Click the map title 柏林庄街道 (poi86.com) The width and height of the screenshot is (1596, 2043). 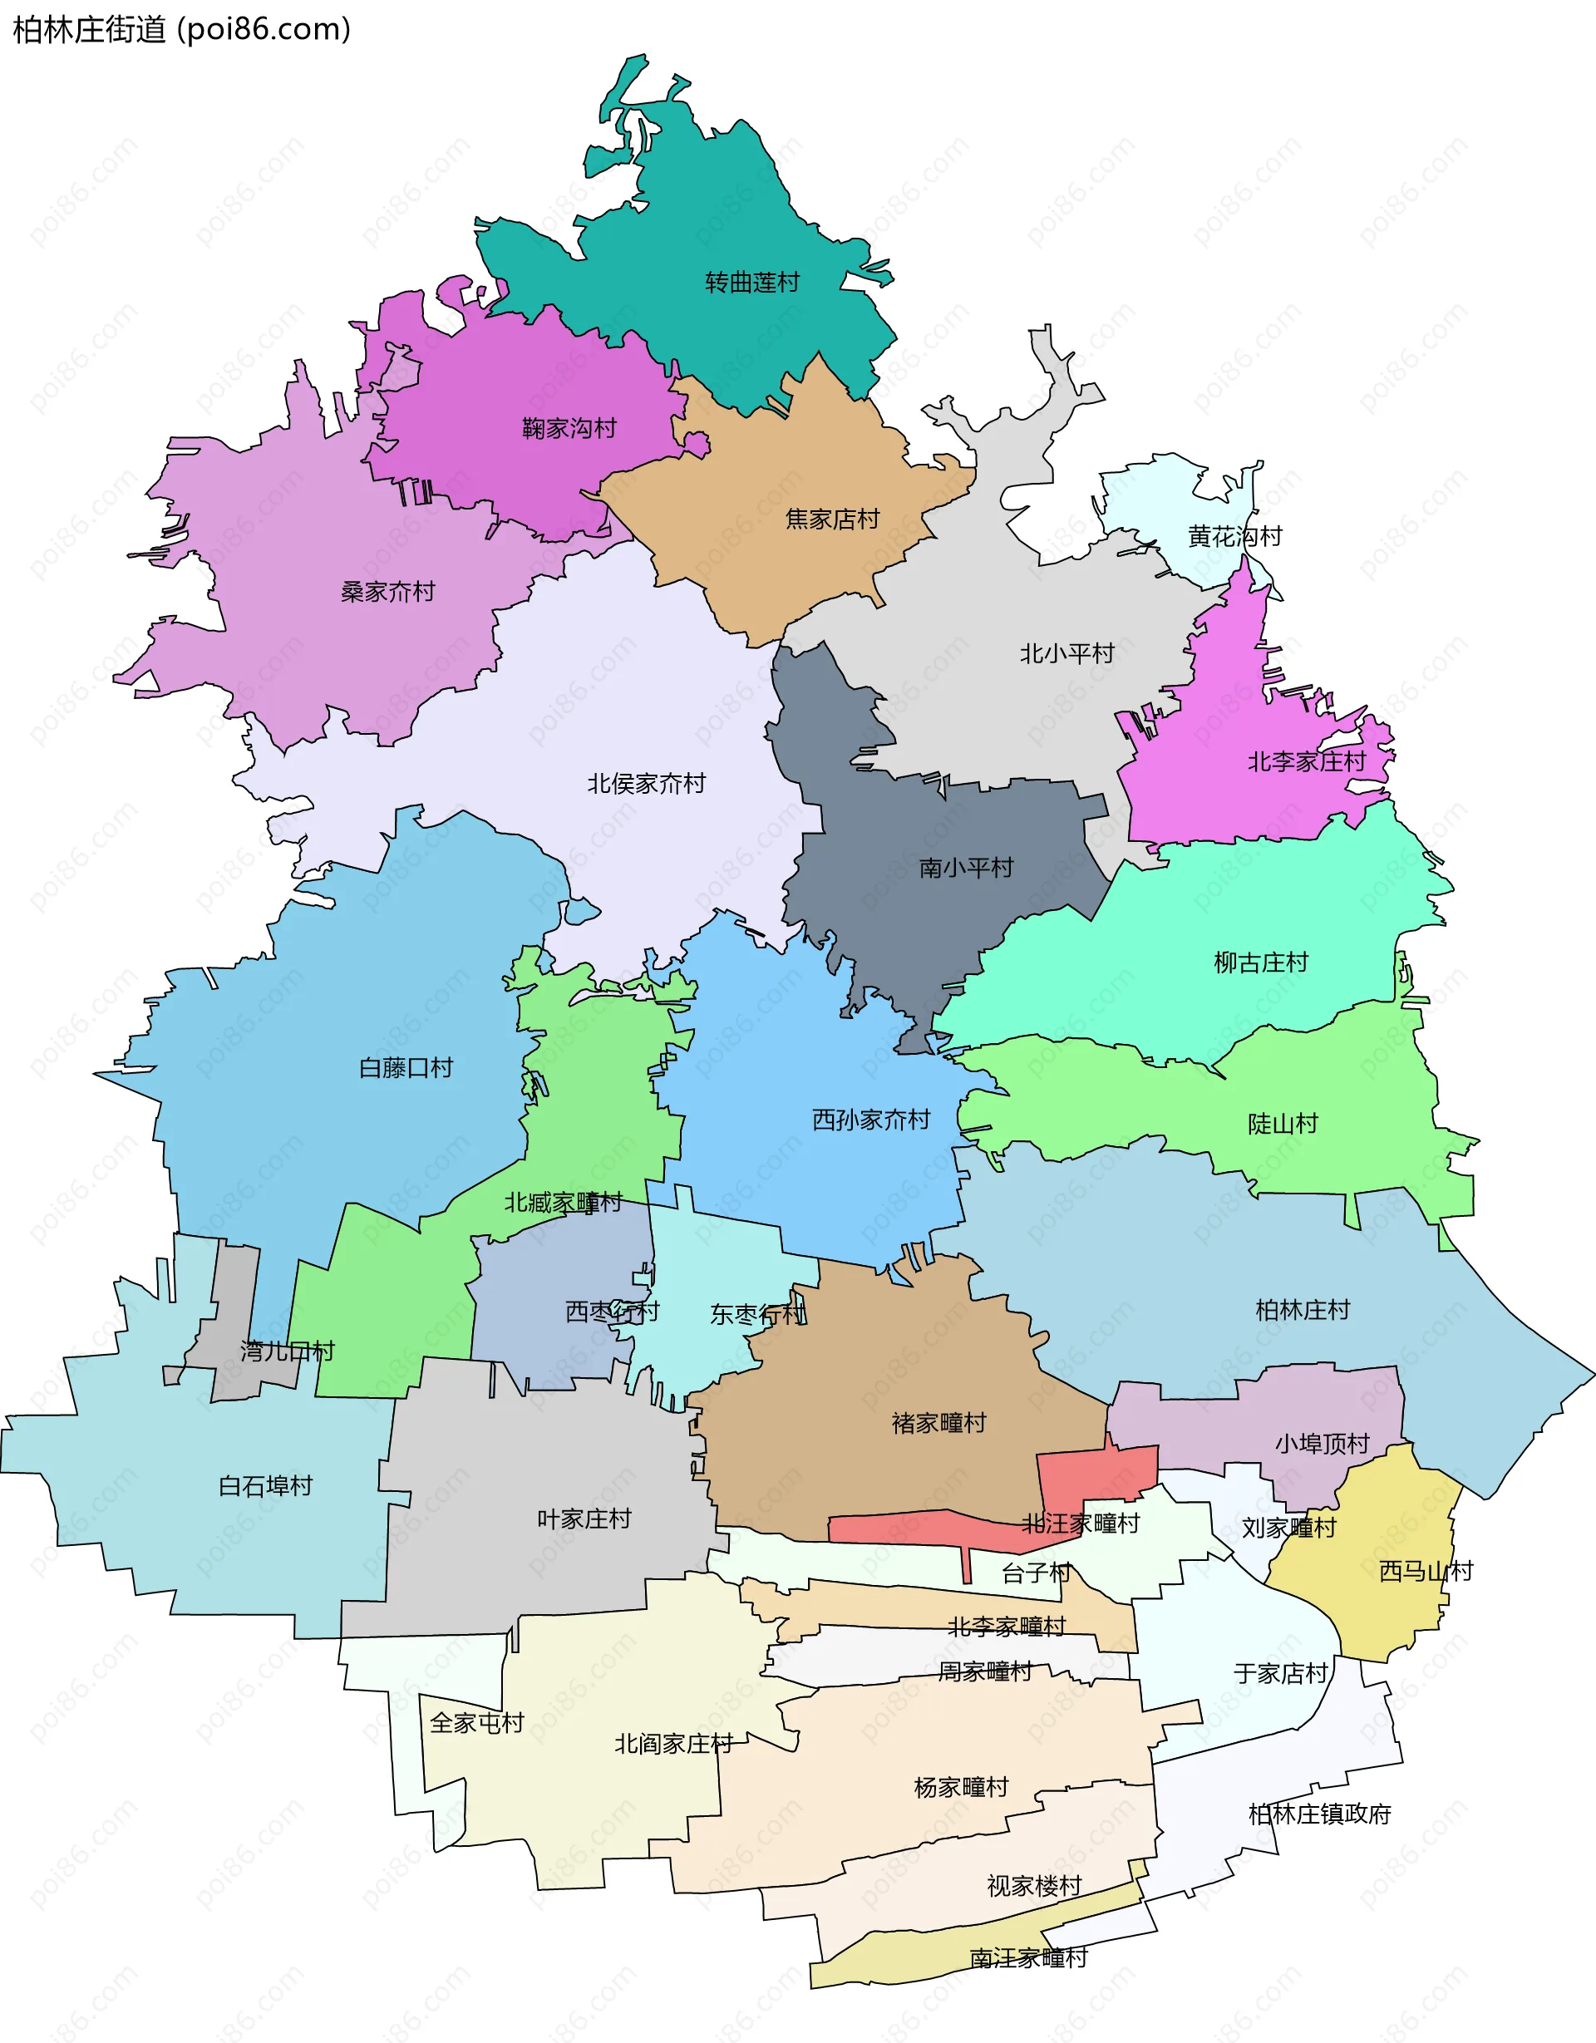[x=181, y=29]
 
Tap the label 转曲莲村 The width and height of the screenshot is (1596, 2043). [x=752, y=282]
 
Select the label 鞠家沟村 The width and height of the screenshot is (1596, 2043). [x=569, y=428]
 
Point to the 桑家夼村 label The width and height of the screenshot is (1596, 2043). [x=387, y=591]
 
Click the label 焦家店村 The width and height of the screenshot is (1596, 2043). [x=832, y=519]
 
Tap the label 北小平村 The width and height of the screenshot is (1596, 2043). [x=1066, y=653]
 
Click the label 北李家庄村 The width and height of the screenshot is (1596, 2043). [x=1306, y=761]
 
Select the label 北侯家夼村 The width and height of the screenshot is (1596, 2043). [x=646, y=783]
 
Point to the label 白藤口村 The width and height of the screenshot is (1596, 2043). [x=405, y=1067]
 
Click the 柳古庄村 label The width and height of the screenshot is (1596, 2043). [x=1260, y=962]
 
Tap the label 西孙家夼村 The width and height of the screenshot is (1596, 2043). [x=870, y=1119]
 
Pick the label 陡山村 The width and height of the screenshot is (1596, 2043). [x=1282, y=1124]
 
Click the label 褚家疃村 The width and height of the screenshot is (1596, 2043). [x=938, y=1423]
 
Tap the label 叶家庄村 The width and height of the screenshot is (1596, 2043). [x=584, y=1519]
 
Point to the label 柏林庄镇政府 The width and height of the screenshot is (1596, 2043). [x=1319, y=1814]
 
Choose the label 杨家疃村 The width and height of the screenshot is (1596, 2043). [x=961, y=1787]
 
